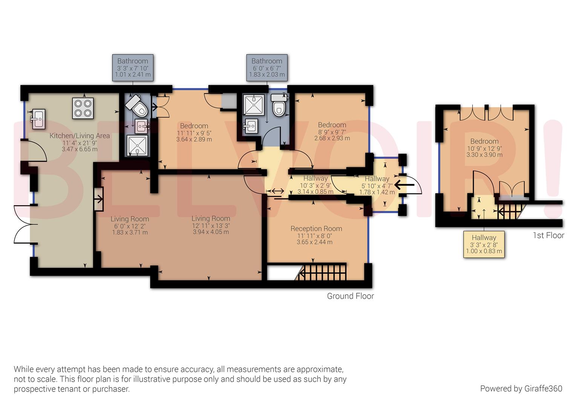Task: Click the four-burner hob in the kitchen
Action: pos(83,108)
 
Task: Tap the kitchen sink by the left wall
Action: pos(38,119)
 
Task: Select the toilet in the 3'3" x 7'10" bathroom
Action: pos(137,106)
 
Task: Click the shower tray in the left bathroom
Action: pos(138,146)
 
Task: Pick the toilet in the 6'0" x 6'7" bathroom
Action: pos(279,105)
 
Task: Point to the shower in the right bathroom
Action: pos(254,105)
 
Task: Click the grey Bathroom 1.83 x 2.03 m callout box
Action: pos(267,67)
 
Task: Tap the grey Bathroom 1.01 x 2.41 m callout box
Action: pos(133,67)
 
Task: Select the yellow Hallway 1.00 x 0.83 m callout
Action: pos(484,244)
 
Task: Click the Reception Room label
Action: pos(316,229)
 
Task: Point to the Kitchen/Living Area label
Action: pos(80,136)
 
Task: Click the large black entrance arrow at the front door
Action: pos(404,185)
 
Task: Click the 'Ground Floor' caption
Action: pos(350,296)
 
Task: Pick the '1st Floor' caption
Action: pos(548,235)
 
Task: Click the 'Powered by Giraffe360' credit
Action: pos(521,389)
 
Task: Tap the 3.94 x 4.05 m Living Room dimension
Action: pos(211,232)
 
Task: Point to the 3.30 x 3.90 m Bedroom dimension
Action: pos(484,155)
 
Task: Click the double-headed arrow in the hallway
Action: pos(278,191)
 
